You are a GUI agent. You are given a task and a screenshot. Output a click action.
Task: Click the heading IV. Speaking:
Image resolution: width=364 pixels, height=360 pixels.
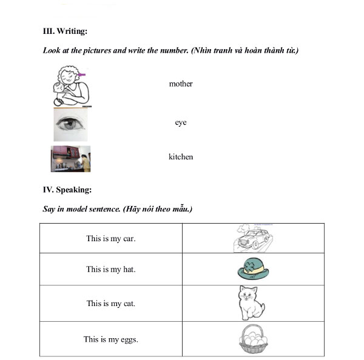tap(67, 190)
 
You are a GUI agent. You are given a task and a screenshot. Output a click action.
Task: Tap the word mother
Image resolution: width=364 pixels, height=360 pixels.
tap(181, 84)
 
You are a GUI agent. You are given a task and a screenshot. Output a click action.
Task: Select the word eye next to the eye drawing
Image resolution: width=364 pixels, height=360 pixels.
tap(181, 122)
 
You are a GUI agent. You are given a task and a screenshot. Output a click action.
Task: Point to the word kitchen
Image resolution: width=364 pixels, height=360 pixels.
tap(181, 157)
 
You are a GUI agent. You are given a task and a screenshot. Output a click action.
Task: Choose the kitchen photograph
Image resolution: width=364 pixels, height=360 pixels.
tap(70, 159)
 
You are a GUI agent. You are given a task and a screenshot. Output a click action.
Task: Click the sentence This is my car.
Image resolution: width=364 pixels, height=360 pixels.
tap(111, 238)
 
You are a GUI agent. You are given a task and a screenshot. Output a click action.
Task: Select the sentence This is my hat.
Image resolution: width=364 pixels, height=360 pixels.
tap(111, 269)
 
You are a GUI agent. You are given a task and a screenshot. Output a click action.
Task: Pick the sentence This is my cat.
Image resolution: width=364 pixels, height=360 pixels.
tap(111, 303)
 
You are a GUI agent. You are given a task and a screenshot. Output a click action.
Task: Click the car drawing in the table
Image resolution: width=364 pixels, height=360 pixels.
tap(254, 239)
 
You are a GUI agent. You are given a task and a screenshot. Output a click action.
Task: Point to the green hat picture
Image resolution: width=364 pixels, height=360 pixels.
tap(253, 269)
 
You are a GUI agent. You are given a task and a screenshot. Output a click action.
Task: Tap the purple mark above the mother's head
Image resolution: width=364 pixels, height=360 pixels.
tap(82, 75)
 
